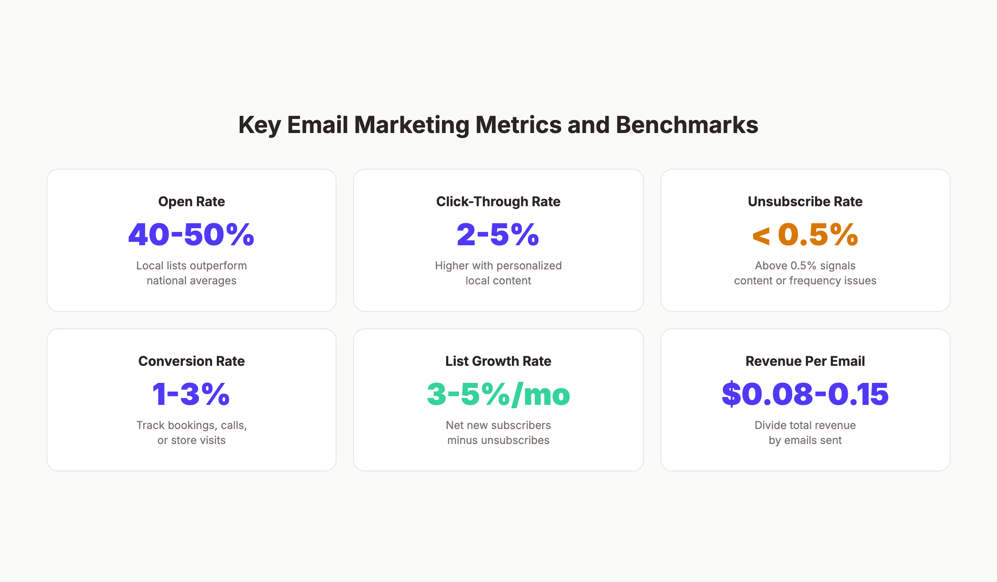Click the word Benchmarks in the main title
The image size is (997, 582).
pos(687,125)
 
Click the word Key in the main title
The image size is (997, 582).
pos(260,125)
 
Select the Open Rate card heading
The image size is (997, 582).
pos(192,202)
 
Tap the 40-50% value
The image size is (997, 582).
pos(192,234)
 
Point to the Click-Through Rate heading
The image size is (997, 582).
pos(498,202)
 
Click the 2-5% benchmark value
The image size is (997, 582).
pos(498,234)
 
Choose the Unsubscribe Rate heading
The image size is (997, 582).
pos(805,202)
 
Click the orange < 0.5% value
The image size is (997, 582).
pos(805,234)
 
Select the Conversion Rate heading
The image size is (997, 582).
pos(192,361)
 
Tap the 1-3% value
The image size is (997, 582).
pos(192,394)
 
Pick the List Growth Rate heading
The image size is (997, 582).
pos(498,361)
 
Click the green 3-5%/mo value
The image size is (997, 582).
pos(498,394)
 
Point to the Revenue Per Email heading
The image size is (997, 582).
pos(805,361)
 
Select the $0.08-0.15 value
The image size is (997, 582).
pos(805,394)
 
